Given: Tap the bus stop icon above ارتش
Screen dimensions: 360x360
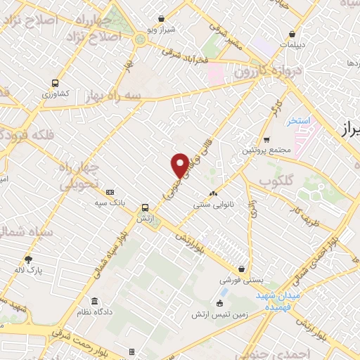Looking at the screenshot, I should tap(144, 207).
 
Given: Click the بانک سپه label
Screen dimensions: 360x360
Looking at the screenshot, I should tap(110, 202).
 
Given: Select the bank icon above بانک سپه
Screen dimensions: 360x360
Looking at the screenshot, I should tap(110, 192).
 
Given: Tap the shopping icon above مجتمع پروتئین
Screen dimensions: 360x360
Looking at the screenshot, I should tap(266, 139).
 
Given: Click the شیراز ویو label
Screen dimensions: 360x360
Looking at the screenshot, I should tap(160, 30).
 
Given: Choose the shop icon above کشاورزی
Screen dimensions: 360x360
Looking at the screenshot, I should tap(53, 82).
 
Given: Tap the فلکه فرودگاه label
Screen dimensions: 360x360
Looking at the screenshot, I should tap(28, 133).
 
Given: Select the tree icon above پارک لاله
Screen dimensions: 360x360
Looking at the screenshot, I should tap(28, 259).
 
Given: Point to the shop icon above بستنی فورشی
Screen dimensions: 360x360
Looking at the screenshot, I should tap(243, 269).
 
